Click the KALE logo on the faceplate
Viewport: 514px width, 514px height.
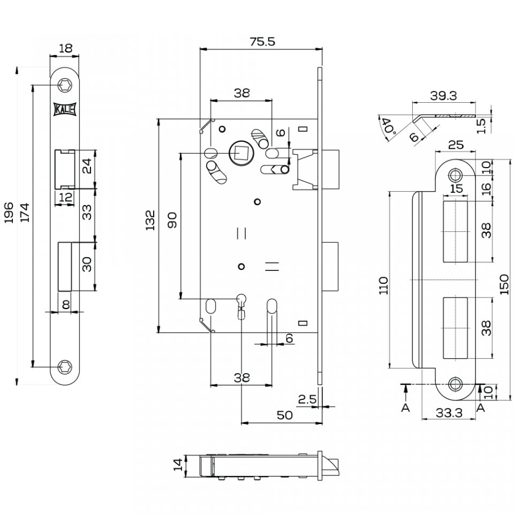click(65, 109)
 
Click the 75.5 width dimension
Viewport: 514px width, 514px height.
click(262, 42)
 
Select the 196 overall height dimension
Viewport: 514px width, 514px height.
click(9, 213)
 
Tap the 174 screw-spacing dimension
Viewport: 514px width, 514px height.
click(25, 213)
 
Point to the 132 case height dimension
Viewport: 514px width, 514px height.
click(150, 220)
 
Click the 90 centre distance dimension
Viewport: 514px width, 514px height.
click(172, 220)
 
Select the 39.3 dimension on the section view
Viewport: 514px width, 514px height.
click(443, 96)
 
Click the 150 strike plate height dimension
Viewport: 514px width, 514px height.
click(504, 284)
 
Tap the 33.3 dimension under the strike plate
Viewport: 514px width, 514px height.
click(449, 413)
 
